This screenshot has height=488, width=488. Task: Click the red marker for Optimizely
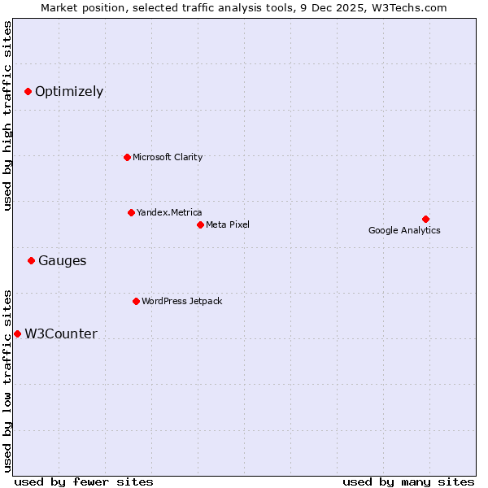[28, 92]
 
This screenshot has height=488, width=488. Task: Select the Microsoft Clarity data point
[127, 157]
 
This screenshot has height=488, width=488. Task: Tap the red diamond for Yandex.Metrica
[131, 212]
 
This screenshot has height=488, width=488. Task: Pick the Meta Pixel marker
[200, 224]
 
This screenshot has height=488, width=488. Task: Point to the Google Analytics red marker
[425, 219]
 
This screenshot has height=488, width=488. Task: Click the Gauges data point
[31, 261]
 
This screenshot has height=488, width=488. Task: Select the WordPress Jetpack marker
[136, 301]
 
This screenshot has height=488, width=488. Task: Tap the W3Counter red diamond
[17, 333]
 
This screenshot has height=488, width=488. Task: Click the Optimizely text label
[69, 92]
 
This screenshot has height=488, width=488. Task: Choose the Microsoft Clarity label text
[168, 157]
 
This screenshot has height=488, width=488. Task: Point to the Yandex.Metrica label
[169, 212]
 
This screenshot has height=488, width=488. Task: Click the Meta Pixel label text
[228, 224]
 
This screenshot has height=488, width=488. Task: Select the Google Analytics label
[404, 230]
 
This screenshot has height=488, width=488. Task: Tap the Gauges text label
[63, 261]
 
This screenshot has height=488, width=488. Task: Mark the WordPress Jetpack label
[181, 301]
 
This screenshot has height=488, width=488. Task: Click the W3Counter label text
[61, 334]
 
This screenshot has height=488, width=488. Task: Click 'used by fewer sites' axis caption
[84, 481]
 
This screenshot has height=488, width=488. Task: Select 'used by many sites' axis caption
[408, 481]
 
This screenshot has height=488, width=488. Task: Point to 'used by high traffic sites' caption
[8, 115]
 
